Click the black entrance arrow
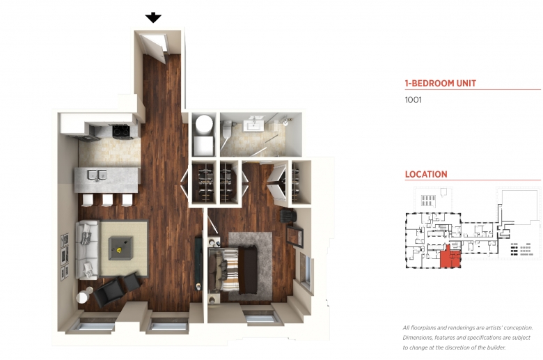(x=153, y=17)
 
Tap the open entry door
(x=154, y=49)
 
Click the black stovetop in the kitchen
(x=122, y=131)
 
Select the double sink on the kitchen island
(x=97, y=175)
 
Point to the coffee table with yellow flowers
(x=120, y=248)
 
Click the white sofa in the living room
(x=87, y=249)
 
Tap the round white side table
(x=83, y=297)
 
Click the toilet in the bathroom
(x=227, y=130)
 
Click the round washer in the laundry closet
(x=204, y=124)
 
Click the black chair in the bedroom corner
(x=288, y=217)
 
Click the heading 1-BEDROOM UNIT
(x=441, y=83)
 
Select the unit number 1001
(x=413, y=100)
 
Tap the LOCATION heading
(x=426, y=174)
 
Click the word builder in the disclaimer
(x=496, y=347)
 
